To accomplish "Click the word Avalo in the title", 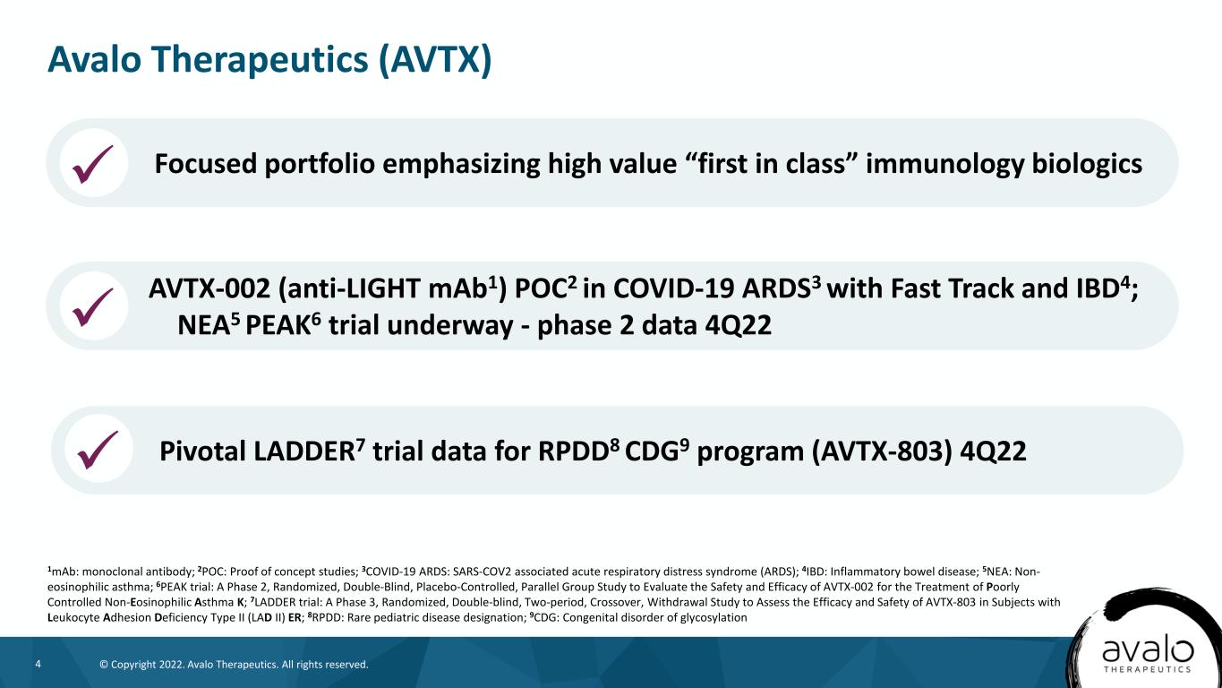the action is [94, 59].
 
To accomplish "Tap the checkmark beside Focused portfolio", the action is [93, 164].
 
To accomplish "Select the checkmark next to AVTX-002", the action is [93, 307].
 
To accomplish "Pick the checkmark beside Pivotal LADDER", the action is [98, 450].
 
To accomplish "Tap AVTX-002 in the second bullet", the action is [209, 288].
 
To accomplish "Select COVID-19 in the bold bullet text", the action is [673, 288].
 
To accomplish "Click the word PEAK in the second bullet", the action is [278, 326].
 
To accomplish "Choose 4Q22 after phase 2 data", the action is [738, 326].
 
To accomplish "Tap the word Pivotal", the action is [202, 451].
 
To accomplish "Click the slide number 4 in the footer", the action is [38, 664].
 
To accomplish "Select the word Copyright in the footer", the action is [133, 665].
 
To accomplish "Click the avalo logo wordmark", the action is [1148, 651].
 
